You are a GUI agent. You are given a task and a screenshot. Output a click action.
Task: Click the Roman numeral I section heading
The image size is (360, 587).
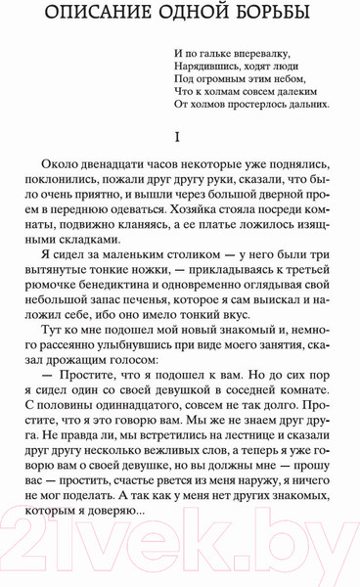click(179, 136)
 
